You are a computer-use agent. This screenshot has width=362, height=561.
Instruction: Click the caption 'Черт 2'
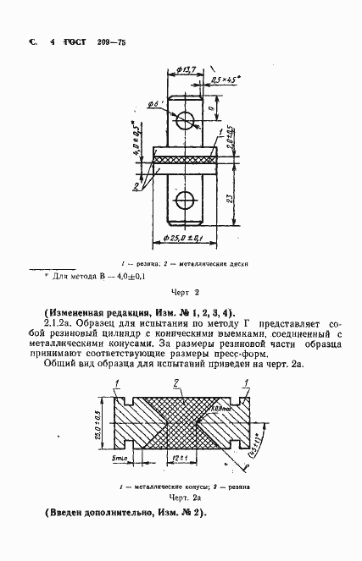click(x=183, y=292)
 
